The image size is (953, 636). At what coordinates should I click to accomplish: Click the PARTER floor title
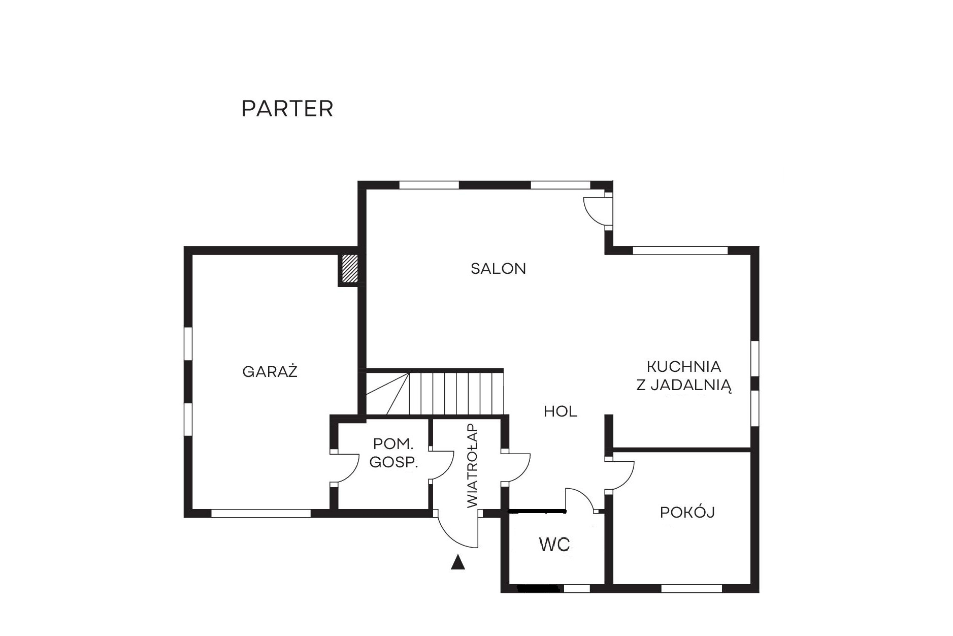pyautogui.click(x=287, y=109)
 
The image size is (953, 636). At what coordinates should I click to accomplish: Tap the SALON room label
pyautogui.click(x=498, y=268)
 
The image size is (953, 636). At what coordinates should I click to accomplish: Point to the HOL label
pyautogui.click(x=561, y=411)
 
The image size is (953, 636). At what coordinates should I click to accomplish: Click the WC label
pyautogui.click(x=554, y=545)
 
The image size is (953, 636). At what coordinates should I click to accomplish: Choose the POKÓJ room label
pyautogui.click(x=687, y=512)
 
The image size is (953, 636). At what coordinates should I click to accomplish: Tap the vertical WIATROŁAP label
pyautogui.click(x=472, y=465)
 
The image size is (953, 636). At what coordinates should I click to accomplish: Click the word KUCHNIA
pyautogui.click(x=683, y=366)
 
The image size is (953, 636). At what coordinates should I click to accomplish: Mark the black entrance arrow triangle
pyautogui.click(x=458, y=562)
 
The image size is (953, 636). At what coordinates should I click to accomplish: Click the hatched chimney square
pyautogui.click(x=349, y=269)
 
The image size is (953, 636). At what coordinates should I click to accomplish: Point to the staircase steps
pyautogui.click(x=435, y=394)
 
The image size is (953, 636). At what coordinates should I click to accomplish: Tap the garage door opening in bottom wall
pyautogui.click(x=261, y=514)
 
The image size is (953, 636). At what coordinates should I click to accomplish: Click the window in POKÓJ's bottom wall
pyautogui.click(x=692, y=589)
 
